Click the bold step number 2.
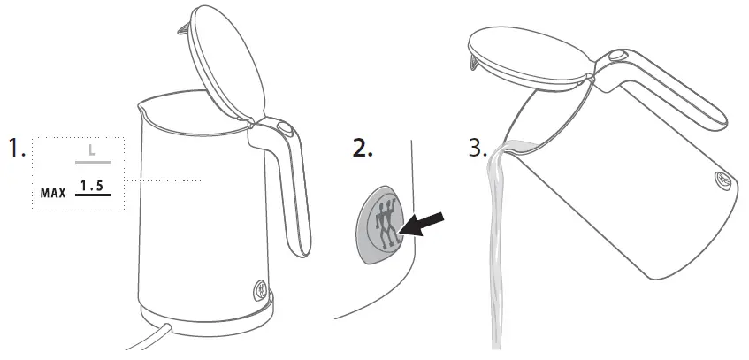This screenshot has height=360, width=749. click(363, 149)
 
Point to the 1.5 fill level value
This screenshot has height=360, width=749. click(92, 185)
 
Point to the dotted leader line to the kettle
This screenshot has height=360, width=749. click(164, 180)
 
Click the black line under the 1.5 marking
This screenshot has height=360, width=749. click(93, 195)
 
